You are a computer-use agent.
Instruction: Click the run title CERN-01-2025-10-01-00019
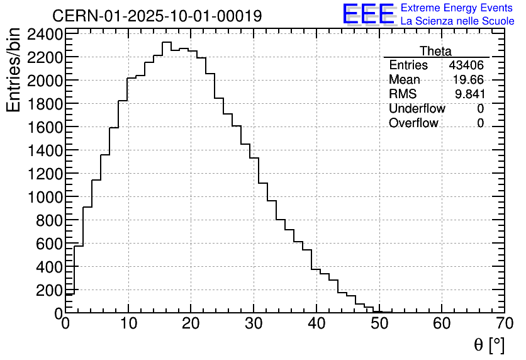(157, 16)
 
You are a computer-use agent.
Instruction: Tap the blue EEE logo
(368, 14)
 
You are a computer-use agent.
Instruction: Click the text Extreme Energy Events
(457, 8)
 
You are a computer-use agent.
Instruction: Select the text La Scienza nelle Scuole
(457, 21)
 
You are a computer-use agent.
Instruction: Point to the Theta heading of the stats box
(435, 51)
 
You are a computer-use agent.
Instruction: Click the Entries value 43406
(466, 65)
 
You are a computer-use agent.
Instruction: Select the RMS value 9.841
(470, 94)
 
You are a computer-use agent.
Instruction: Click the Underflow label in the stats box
(417, 109)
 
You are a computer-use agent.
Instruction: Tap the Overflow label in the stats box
(413, 123)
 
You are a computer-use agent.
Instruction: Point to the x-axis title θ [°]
(489, 344)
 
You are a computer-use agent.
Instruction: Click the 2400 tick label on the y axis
(45, 34)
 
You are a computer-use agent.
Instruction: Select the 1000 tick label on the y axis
(45, 197)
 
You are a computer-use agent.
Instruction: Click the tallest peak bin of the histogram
(167, 43)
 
